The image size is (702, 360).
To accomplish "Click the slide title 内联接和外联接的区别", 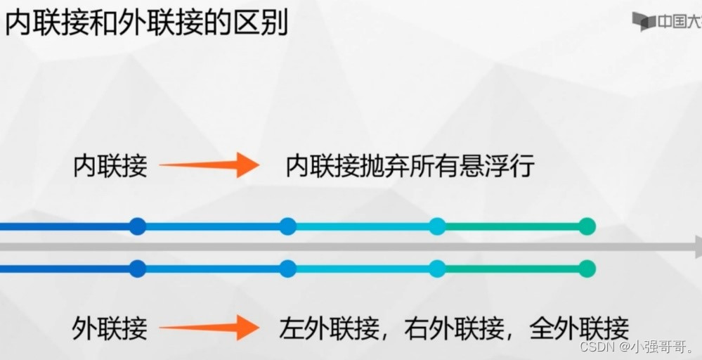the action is coord(146,23).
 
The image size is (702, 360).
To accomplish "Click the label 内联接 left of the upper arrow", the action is coord(110,167).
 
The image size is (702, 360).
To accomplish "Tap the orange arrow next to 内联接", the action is coord(209,165).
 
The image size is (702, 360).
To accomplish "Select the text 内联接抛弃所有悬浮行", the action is coord(410,167).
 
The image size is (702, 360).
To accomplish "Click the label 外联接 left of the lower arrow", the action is coord(110,328).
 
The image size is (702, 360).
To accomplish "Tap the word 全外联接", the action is coord(580,328).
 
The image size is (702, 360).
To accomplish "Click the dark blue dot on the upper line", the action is coord(138,226).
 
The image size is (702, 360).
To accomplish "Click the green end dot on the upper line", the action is coord(587,226).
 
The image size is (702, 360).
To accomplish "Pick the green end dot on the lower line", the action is coord(587,269).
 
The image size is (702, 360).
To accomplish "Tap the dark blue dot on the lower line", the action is coord(138,269).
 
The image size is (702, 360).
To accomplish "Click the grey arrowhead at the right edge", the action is coord(697,247).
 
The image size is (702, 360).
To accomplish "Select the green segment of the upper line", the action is coord(512,226).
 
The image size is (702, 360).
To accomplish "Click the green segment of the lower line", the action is coord(512,269).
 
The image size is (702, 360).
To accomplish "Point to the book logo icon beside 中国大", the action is coord(643,21).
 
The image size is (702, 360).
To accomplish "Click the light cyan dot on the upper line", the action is coord(437,226).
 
